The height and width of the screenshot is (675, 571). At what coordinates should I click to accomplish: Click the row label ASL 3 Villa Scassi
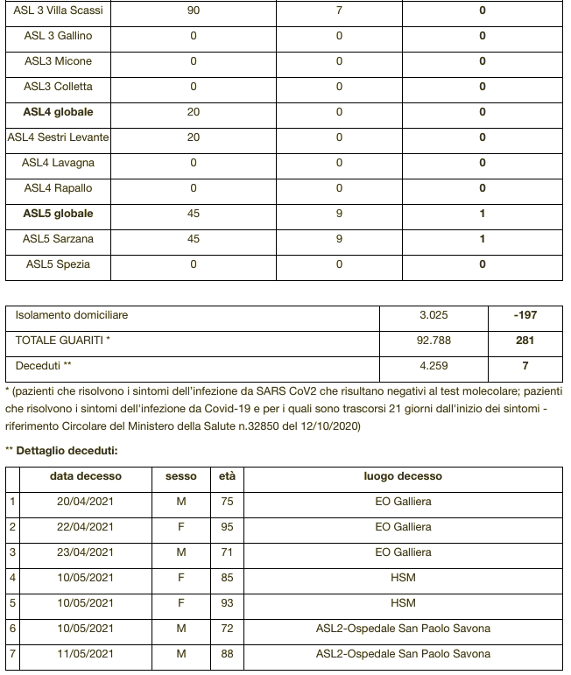pyautogui.click(x=59, y=11)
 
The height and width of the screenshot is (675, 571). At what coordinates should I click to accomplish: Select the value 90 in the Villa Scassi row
pyautogui.click(x=194, y=11)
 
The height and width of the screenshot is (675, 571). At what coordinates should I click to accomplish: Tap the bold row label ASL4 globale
pyautogui.click(x=59, y=112)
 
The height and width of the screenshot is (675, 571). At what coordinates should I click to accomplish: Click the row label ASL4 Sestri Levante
pyautogui.click(x=59, y=137)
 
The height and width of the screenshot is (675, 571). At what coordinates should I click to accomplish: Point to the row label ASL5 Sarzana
pyautogui.click(x=59, y=239)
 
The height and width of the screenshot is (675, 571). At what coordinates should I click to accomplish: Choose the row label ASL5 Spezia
pyautogui.click(x=59, y=264)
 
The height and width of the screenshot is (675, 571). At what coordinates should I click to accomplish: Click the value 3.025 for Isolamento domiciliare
pyautogui.click(x=434, y=315)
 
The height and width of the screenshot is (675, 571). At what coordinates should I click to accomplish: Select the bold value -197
pyautogui.click(x=525, y=315)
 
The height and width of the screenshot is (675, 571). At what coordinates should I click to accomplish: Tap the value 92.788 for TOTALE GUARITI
pyautogui.click(x=434, y=341)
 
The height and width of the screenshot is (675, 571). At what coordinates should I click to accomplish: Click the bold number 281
pyautogui.click(x=525, y=341)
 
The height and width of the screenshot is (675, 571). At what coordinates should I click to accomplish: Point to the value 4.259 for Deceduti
pyautogui.click(x=434, y=366)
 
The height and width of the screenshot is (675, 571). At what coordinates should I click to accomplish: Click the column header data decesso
pyautogui.click(x=86, y=477)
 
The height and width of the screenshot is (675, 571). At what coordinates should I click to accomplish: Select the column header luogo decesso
pyautogui.click(x=403, y=477)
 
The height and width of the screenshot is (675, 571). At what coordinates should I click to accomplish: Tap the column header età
pyautogui.click(x=227, y=477)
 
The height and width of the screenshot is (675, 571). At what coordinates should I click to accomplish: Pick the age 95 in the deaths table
pyautogui.click(x=227, y=527)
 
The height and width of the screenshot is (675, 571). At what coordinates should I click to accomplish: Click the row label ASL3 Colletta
pyautogui.click(x=59, y=87)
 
